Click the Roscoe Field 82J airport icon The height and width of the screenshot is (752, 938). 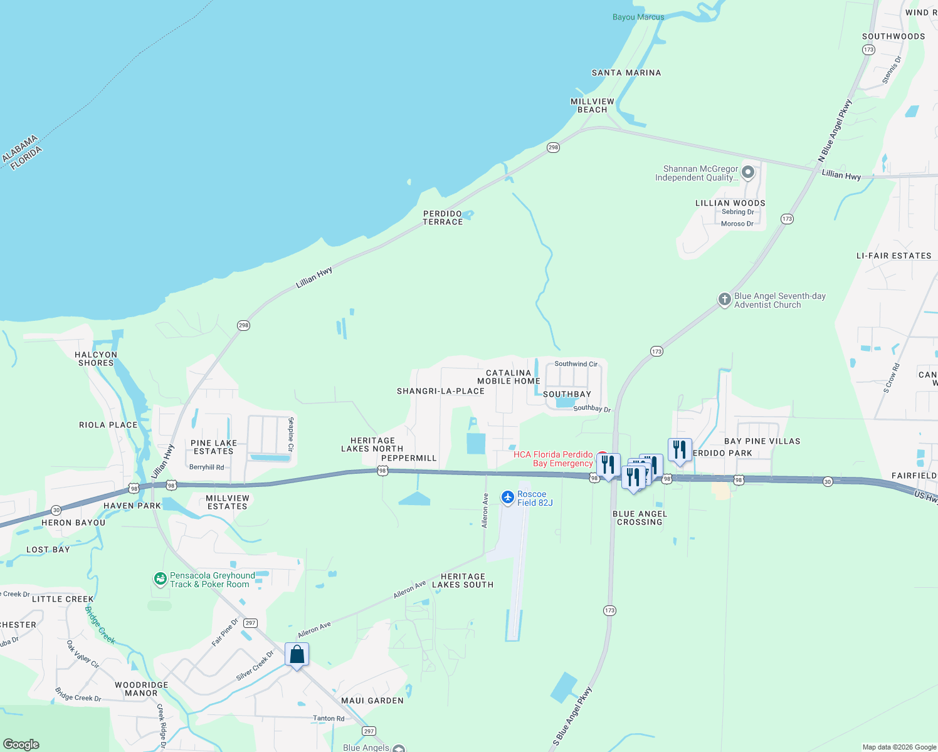tap(508, 498)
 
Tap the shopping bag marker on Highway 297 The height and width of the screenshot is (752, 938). tap(297, 655)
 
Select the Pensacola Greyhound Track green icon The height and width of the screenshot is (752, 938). tap(161, 580)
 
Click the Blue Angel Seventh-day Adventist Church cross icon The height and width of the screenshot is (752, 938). tap(724, 300)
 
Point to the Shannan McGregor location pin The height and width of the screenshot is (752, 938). tap(748, 172)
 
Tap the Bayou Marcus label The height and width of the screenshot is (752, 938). tap(638, 17)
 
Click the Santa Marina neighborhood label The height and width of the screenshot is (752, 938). tap(626, 73)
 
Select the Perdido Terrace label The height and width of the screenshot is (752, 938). tap(443, 217)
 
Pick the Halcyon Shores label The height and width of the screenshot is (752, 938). tap(96, 358)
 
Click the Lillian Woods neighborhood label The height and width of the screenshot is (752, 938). tap(730, 203)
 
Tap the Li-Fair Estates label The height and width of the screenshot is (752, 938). tap(893, 256)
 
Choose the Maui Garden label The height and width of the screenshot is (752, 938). tap(372, 701)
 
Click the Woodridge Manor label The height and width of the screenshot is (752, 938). tap(141, 689)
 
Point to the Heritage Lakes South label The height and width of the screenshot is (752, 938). tap(463, 580)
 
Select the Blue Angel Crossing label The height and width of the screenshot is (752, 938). tap(640, 518)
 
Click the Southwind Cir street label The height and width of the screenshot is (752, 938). tap(576, 363)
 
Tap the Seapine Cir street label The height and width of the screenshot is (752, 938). tap(291, 434)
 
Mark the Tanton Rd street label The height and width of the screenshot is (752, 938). tap(329, 718)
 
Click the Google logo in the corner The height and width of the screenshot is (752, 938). tap(21, 744)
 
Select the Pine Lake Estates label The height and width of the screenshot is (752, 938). tap(214, 447)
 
